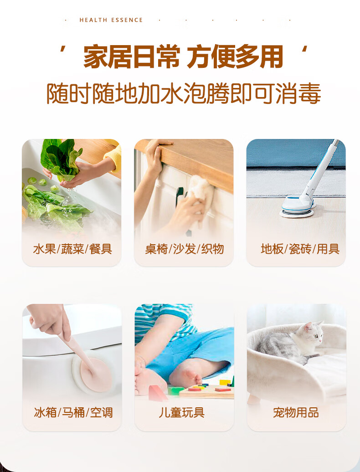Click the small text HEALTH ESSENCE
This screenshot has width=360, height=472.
tap(111, 20)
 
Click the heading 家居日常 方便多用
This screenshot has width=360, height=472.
tap(183, 57)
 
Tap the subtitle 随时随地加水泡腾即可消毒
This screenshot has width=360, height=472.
tap(184, 94)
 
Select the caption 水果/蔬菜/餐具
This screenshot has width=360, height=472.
tap(72, 249)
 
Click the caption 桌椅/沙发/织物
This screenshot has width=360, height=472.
tap(184, 249)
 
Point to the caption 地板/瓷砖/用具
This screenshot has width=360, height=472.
tap(300, 249)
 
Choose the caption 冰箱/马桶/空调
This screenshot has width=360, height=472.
tap(73, 413)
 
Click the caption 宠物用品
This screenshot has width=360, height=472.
tap(296, 413)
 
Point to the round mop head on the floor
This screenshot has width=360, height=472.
tap(297, 207)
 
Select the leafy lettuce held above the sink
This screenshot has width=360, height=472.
tap(59, 157)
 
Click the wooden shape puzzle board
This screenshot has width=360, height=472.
tap(207, 390)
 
